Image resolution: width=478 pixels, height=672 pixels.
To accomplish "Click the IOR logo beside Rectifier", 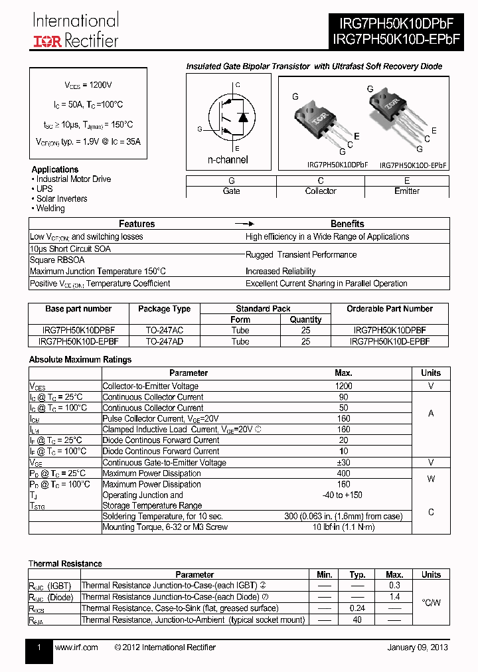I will [x=47, y=41].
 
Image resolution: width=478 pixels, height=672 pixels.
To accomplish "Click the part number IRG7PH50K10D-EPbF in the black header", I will [x=396, y=41].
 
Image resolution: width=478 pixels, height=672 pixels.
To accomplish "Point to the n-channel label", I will [x=228, y=159].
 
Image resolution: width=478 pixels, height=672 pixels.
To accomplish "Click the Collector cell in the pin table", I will [x=321, y=191].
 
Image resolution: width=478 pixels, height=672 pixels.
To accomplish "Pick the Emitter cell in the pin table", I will [x=407, y=191].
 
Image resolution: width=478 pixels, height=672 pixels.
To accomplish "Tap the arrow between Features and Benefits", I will [x=245, y=224].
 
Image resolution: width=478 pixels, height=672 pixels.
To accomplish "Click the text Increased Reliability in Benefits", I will [x=280, y=271].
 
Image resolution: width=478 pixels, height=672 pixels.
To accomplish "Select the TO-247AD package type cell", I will [x=164, y=341].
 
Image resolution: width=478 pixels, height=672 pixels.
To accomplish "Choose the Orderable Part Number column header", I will [x=389, y=309].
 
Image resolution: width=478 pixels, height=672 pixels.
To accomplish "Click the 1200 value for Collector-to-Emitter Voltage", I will [x=344, y=386].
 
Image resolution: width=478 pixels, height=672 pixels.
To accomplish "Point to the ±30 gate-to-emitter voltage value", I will [x=344, y=462].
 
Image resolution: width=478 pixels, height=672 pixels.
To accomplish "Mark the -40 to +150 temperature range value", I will [x=344, y=495].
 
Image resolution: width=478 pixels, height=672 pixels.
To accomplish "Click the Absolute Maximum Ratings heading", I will [x=80, y=359].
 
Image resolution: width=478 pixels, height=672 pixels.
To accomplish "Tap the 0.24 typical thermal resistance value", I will [x=358, y=608].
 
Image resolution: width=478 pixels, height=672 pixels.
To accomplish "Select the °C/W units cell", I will [x=431, y=602].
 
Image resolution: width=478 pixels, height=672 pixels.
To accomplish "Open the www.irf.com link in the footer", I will [x=76, y=647].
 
